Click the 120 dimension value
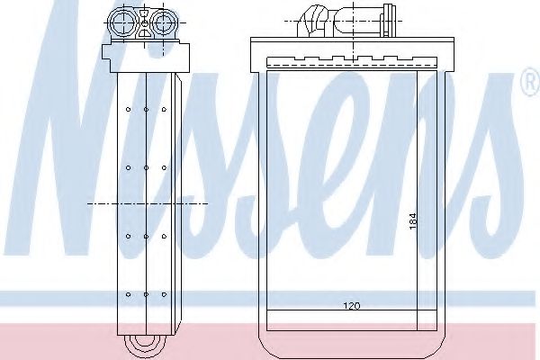tap(352, 306)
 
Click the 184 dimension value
tap(412, 221)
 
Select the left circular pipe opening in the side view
tap(121, 22)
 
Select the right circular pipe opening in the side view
tap(164, 22)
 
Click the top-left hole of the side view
tap(128, 110)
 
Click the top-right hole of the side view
tap(164, 110)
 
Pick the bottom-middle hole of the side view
tap(146, 294)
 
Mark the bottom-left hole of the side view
tap(128, 294)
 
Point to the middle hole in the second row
tap(146, 167)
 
